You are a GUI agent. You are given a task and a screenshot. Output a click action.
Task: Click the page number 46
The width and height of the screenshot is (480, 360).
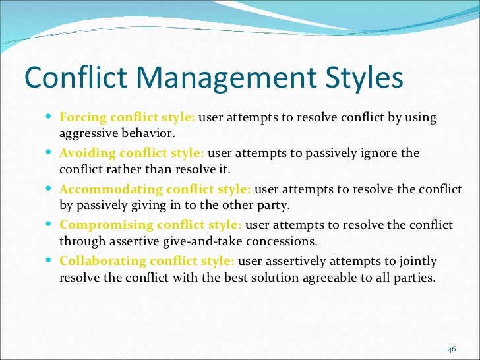(452, 349)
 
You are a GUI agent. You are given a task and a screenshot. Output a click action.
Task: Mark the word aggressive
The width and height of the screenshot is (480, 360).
(87, 133)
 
